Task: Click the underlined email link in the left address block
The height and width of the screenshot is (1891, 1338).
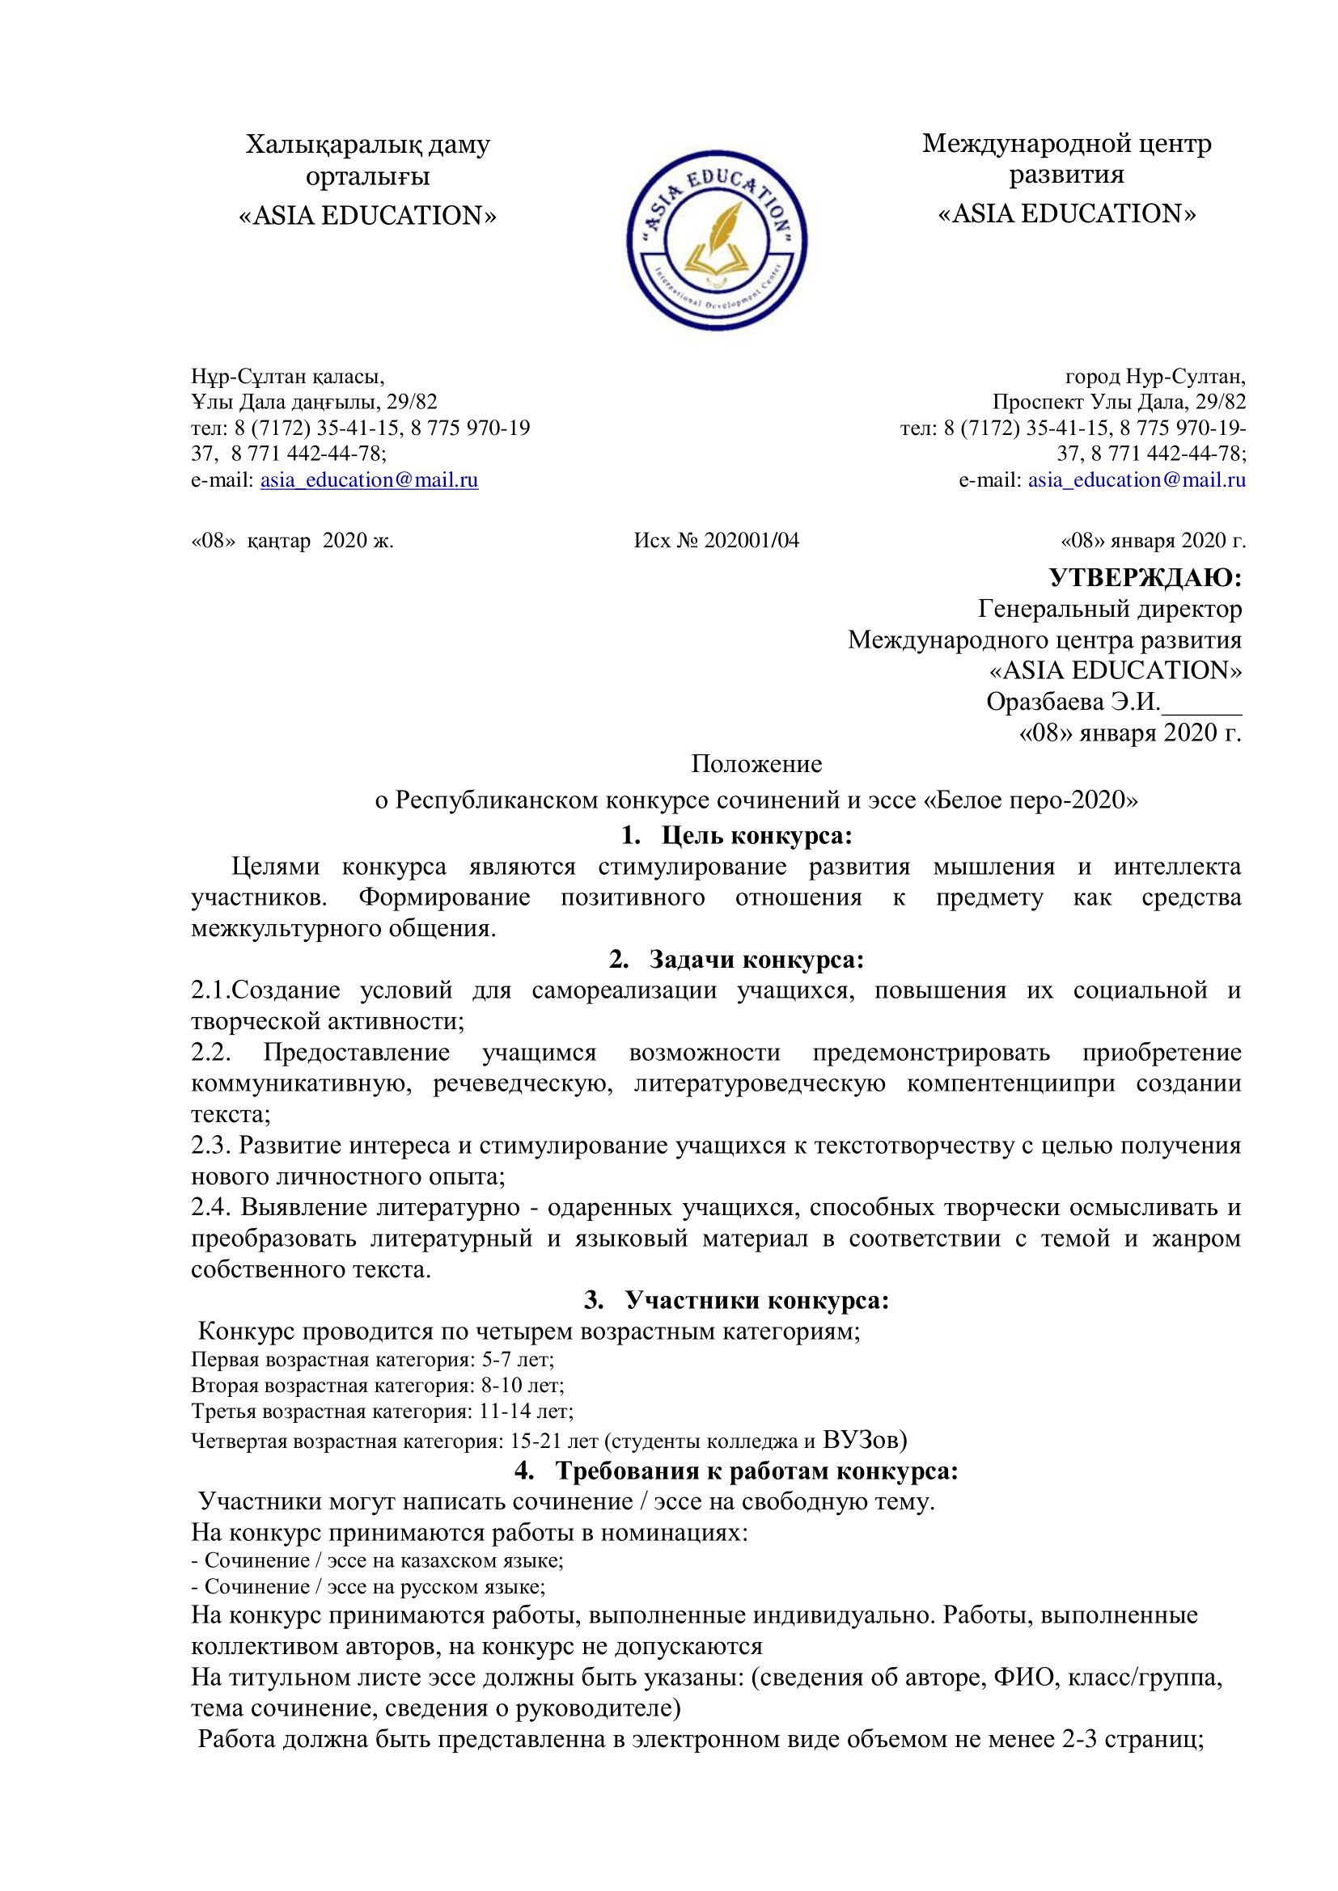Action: pos(369,480)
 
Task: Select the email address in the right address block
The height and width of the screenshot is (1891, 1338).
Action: pos(1136,480)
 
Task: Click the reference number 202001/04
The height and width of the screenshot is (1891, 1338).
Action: pos(752,540)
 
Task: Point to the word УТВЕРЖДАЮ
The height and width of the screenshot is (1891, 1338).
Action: pos(1145,577)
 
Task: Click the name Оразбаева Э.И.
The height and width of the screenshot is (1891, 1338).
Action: pos(1073,702)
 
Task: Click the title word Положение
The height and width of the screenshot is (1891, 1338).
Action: pos(756,763)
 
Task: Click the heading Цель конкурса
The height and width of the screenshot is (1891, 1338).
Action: pos(756,835)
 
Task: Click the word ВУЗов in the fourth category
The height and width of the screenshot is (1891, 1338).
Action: pos(864,1439)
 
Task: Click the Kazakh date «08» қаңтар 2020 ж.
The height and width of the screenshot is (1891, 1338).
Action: pos(293,540)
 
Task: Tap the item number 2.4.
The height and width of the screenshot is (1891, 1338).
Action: pos(212,1207)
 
